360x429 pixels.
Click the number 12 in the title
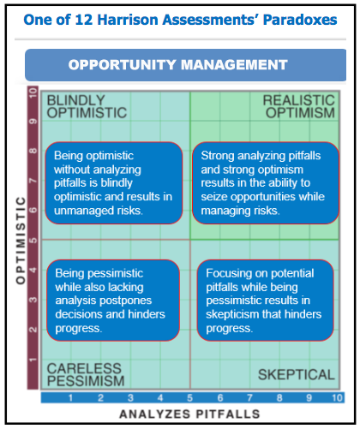84,20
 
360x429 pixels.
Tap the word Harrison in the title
128,20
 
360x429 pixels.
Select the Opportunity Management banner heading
177,65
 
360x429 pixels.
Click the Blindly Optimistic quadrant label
87,106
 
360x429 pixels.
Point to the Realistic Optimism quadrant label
299,106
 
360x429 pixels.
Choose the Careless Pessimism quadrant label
86,374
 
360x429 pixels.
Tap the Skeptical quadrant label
297,374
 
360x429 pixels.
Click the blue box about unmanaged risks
114,183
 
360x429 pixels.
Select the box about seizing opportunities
266,183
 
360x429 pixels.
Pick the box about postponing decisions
113,301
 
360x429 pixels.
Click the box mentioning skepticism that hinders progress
266,301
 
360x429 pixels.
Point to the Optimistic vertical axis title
21,241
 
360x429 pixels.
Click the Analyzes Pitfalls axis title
189,414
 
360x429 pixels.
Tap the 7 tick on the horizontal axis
249,397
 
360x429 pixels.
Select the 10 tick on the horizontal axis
337,397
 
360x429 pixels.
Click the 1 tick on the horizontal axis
70,397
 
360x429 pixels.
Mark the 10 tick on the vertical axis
33,93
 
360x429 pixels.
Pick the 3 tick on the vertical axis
33,300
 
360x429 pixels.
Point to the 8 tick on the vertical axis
33,151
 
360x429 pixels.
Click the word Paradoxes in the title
300,20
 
